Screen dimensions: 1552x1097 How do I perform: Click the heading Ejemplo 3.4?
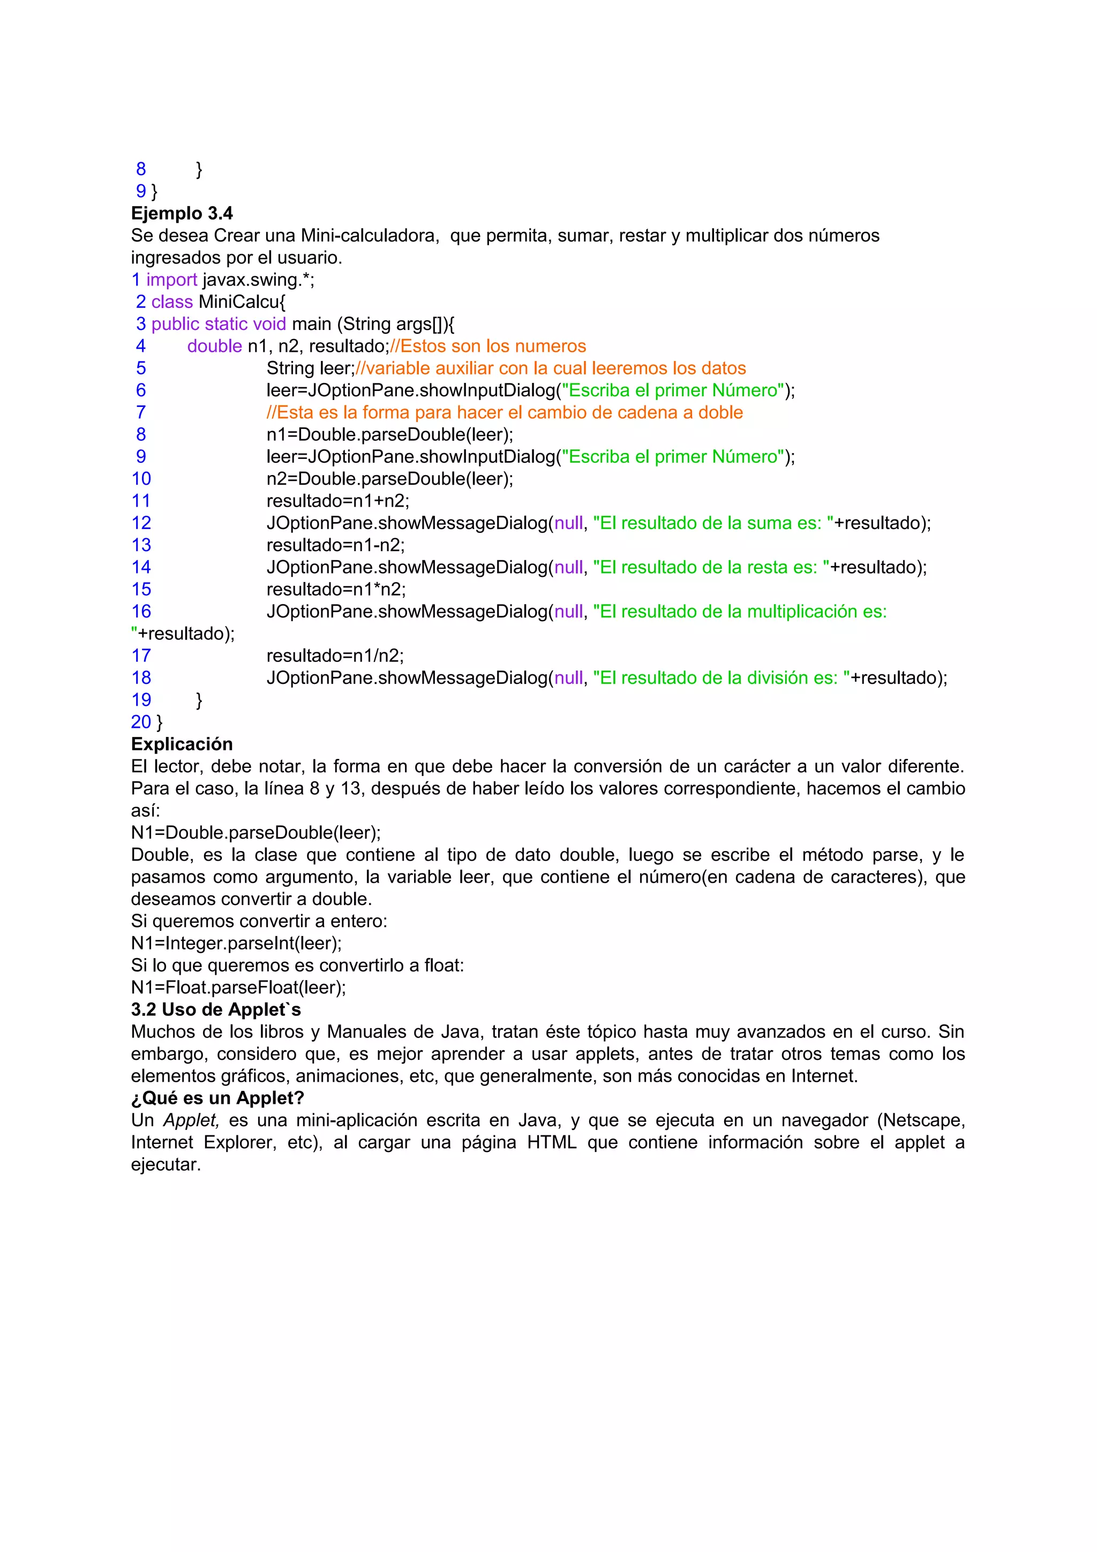click(182, 214)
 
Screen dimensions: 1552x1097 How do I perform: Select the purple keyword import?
click(172, 280)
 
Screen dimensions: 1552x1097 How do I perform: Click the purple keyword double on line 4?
click(214, 346)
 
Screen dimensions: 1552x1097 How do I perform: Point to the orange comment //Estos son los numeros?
click(488, 346)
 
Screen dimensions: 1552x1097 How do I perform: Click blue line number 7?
click(140, 412)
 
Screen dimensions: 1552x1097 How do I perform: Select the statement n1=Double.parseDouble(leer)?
click(389, 435)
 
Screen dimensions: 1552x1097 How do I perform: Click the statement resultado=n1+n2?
click(338, 501)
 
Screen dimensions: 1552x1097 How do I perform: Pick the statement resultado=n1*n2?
click(336, 590)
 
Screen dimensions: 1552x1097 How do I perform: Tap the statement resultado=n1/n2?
click(335, 656)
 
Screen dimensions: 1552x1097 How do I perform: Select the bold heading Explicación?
click(182, 744)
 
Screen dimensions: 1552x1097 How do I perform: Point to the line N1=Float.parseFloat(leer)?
click(238, 988)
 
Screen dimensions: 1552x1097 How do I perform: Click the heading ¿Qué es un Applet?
click(217, 1098)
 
